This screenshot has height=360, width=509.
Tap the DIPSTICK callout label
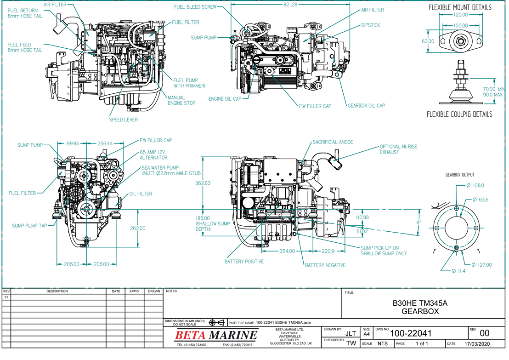tap(370, 25)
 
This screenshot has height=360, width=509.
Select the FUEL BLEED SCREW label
tap(196, 7)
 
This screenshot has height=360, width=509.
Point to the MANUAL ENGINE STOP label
tap(181, 100)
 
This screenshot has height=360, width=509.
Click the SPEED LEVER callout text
tap(123, 120)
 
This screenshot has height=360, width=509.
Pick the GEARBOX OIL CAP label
tap(366, 106)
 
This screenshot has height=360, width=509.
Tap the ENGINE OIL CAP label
tap(225, 99)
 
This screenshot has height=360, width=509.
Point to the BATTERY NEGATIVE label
tap(325, 265)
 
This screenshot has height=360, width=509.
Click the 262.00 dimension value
tap(137, 228)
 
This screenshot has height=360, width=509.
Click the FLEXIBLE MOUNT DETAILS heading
tap(460, 8)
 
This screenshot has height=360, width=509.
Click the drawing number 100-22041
tap(410, 333)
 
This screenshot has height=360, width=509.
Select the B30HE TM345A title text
tap(419, 303)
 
